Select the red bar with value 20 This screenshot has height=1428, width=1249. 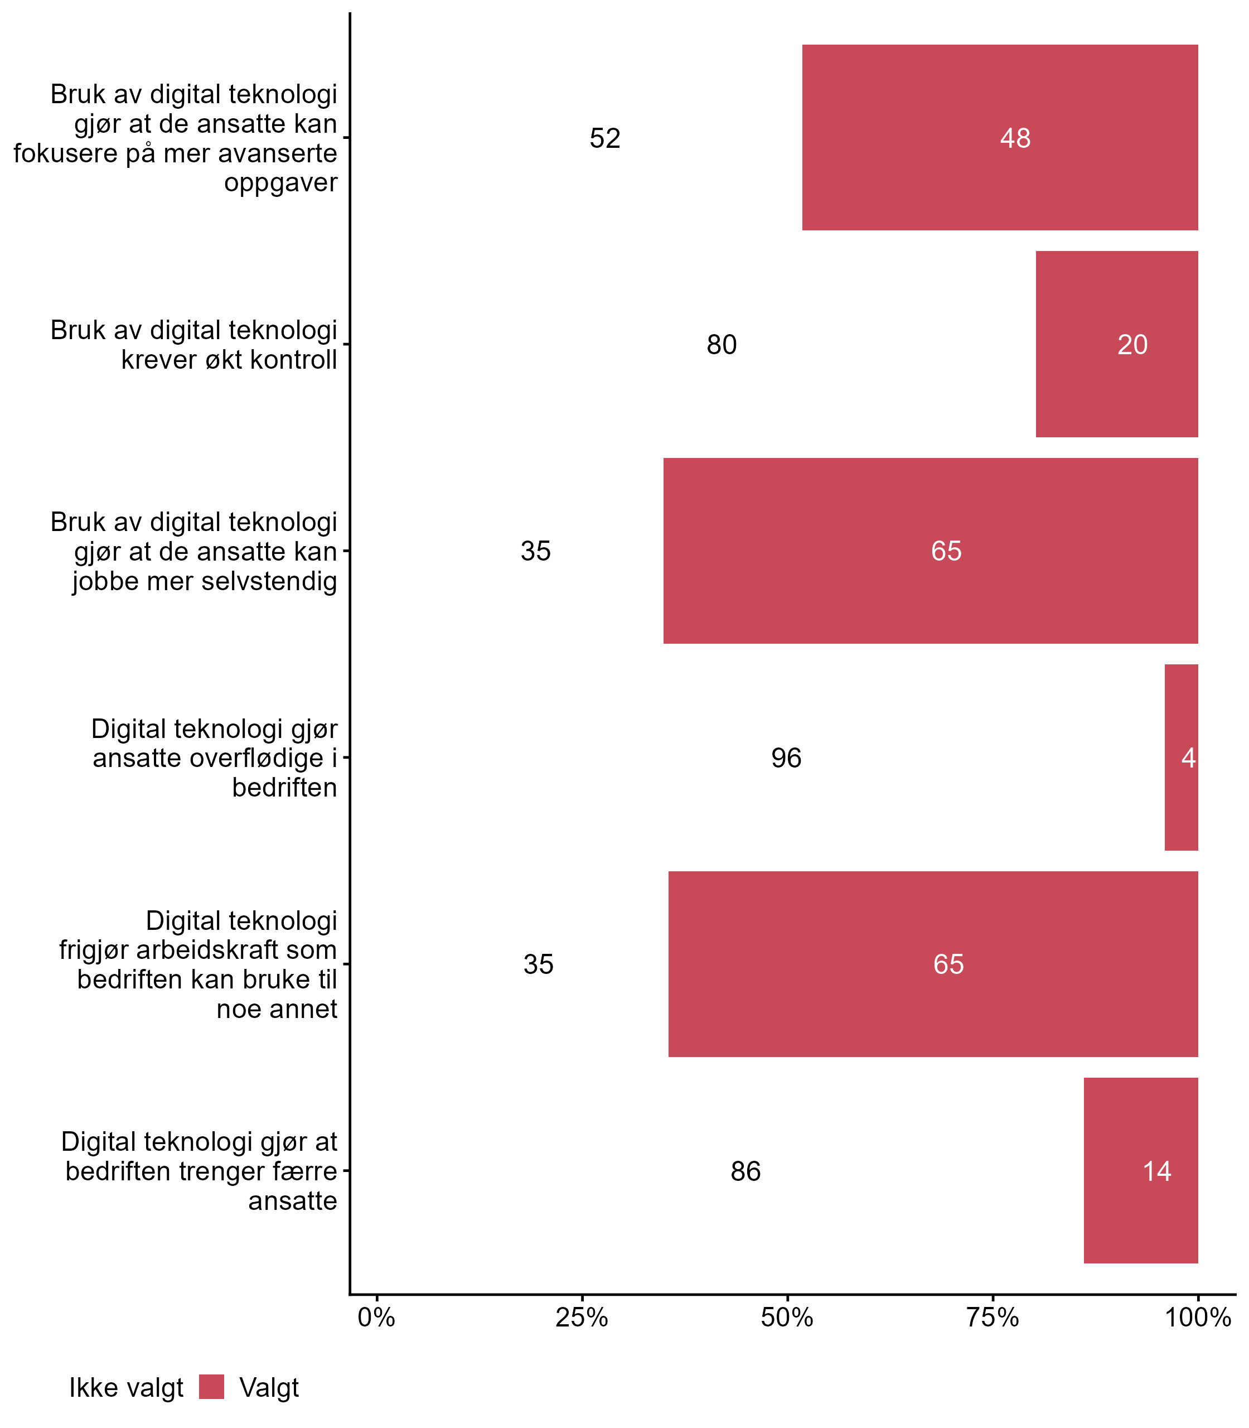[x=1116, y=344]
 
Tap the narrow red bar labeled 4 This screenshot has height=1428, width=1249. [x=1182, y=758]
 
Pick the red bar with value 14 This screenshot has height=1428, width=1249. [x=1140, y=1171]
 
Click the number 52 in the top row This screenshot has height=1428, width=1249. [x=604, y=138]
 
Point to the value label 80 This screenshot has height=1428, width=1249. [x=722, y=345]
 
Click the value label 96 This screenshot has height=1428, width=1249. [x=786, y=758]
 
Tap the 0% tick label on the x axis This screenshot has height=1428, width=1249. [x=376, y=1318]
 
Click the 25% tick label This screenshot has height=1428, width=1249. [x=581, y=1318]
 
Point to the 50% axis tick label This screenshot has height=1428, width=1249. [x=787, y=1318]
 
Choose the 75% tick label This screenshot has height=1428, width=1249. [x=993, y=1318]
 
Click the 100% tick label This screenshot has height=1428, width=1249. [x=1198, y=1318]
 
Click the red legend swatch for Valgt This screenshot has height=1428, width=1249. [x=211, y=1387]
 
